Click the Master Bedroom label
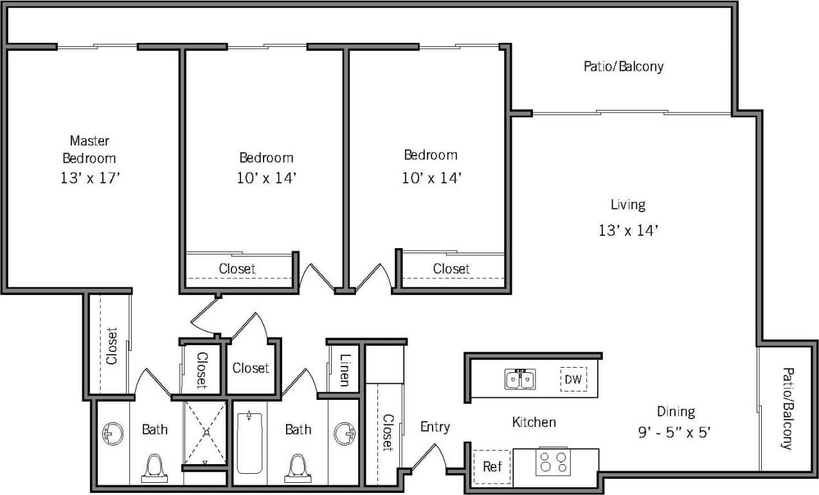coord(89,148)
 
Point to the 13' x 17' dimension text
coord(89,178)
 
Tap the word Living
coord(627,205)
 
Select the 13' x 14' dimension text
coord(627,231)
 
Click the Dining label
coord(676,411)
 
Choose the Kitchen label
coord(534,422)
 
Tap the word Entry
coord(435,427)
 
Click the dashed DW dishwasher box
coord(573,380)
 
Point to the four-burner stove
coord(553,463)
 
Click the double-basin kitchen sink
coord(519,380)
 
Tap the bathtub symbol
coord(249,444)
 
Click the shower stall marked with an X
coord(206,432)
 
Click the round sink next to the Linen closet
coord(343,433)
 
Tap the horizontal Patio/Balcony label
coord(623,66)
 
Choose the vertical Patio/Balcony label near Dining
coord(787,408)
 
